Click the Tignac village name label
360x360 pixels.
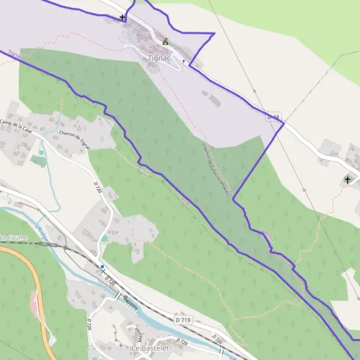click(159, 58)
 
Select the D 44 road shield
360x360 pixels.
click(274, 116)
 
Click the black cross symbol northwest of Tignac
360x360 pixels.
click(123, 17)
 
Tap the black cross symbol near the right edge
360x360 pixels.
click(347, 179)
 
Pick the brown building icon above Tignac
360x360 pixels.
click(166, 41)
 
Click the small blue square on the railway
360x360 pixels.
click(103, 266)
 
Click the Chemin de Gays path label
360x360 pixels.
click(213, 162)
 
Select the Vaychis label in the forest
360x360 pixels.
click(268, 235)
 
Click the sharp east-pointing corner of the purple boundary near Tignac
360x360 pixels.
click(214, 34)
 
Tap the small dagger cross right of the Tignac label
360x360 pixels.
click(184, 61)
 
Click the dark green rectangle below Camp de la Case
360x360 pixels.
click(38, 161)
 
